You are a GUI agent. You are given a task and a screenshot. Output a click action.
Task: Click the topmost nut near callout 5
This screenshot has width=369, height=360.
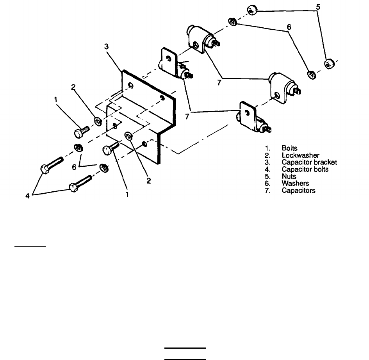[251, 10]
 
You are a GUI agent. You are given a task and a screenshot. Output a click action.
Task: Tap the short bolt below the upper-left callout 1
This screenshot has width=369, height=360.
[81, 130]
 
